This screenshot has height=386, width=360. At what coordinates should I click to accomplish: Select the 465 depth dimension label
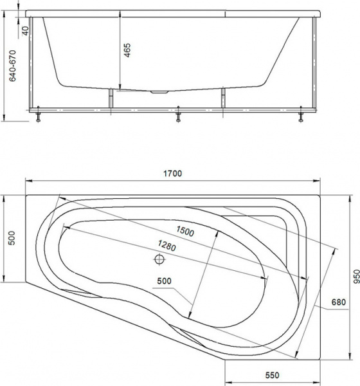(x=127, y=51)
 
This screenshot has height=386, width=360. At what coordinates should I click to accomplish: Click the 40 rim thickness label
(x=25, y=30)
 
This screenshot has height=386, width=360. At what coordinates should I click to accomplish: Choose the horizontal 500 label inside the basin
(x=164, y=280)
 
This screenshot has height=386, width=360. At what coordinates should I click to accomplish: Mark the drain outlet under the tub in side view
(x=158, y=92)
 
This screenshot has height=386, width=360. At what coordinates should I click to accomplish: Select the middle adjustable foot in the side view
(x=178, y=117)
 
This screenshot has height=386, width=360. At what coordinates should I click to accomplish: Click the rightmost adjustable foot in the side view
(x=300, y=117)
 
